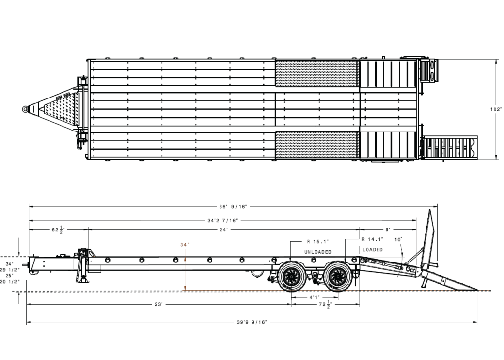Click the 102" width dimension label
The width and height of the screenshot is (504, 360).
(496, 109)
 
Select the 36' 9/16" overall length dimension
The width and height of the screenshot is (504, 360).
(233, 207)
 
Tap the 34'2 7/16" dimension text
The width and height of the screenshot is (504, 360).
(223, 221)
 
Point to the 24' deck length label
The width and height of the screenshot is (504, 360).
(224, 229)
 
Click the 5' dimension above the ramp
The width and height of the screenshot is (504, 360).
(388, 229)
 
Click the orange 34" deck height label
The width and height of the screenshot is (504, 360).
(185, 245)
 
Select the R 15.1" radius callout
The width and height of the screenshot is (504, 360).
(318, 242)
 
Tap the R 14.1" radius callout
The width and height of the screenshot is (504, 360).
(373, 239)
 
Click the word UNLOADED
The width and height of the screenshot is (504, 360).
(318, 252)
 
